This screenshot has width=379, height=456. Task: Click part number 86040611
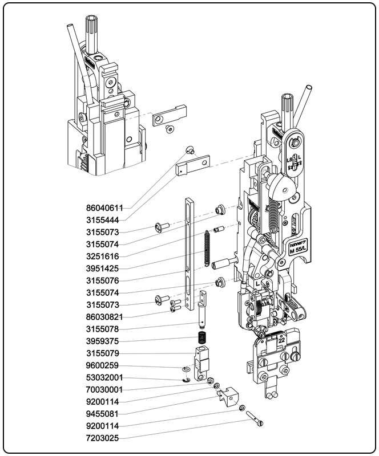tap(106, 208)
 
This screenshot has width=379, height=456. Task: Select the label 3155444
tap(106, 220)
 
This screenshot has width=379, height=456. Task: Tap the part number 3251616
tap(106, 256)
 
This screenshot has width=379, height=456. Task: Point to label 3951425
tap(106, 268)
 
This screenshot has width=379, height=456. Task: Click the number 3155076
tap(106, 280)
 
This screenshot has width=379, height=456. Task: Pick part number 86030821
tap(106, 316)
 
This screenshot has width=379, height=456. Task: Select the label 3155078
tap(106, 329)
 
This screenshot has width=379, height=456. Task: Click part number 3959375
tap(106, 341)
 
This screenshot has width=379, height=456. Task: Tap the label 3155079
tap(106, 353)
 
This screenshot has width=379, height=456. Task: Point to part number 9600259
tap(106, 365)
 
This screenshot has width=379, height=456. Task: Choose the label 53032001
tap(106, 377)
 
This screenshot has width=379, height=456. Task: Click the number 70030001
tap(106, 389)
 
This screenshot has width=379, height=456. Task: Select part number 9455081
tap(106, 414)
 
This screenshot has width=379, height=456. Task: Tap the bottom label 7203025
tap(106, 438)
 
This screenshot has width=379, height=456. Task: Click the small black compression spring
tap(202, 337)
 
